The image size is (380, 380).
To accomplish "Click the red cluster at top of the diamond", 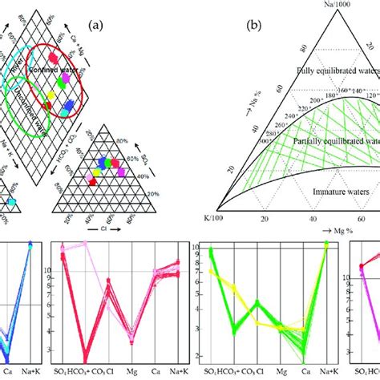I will tap(54, 58).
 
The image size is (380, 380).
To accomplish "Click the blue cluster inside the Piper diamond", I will tap(70, 104).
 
